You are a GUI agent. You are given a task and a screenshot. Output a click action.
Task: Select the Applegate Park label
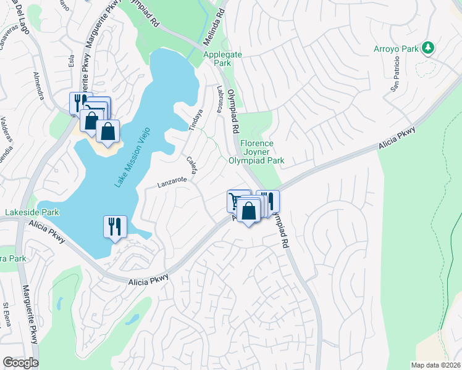223,59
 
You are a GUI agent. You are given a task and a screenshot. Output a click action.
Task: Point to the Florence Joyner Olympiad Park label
256,152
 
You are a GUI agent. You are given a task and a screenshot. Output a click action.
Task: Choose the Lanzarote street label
172,183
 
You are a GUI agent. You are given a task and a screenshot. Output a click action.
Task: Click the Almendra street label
38,86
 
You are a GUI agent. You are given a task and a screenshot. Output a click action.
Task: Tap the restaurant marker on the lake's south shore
115,227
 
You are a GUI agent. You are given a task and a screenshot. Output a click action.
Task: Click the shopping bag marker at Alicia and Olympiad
248,211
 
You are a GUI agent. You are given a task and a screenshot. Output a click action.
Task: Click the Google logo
20,363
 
